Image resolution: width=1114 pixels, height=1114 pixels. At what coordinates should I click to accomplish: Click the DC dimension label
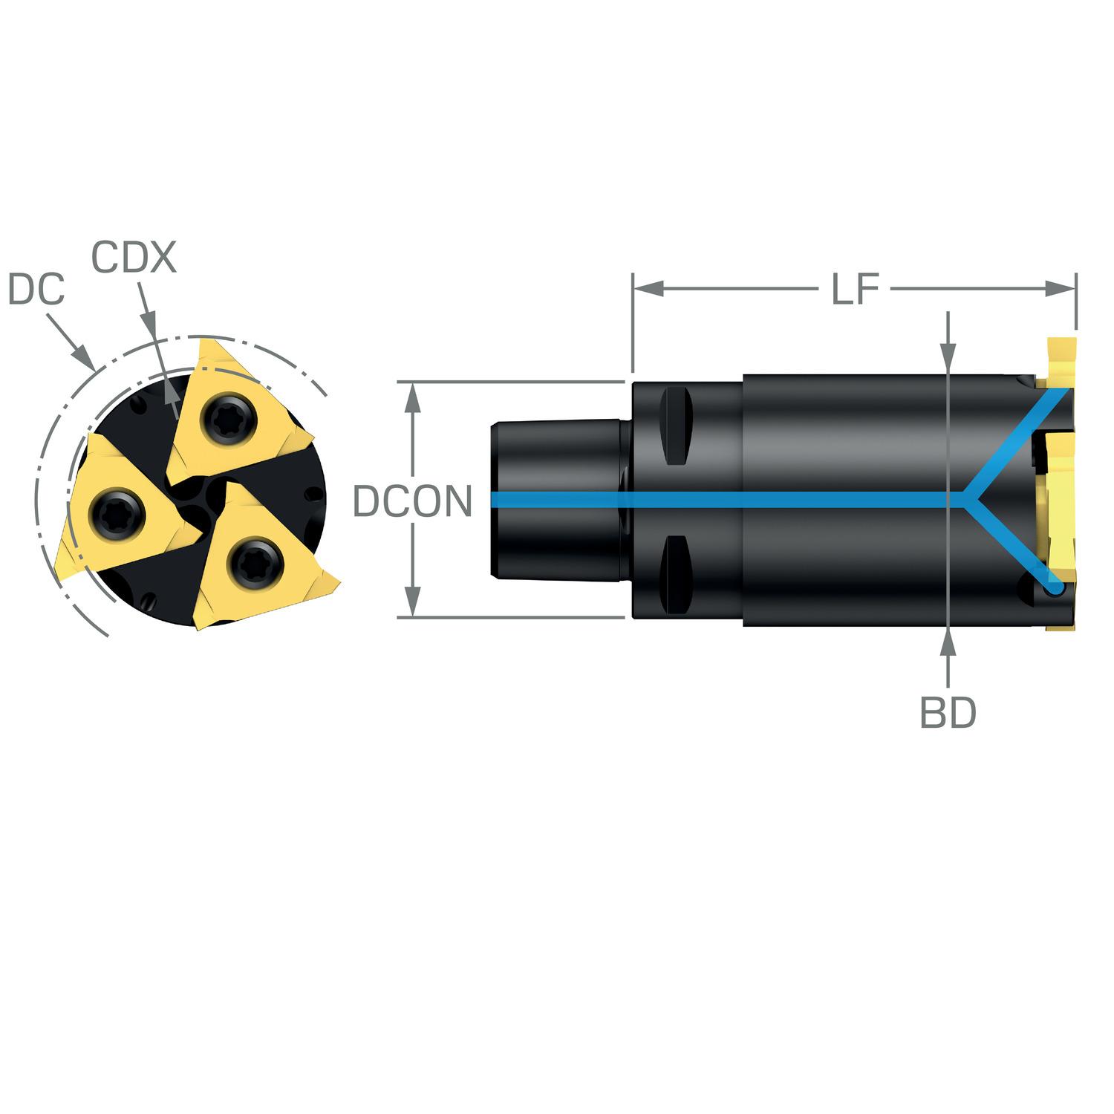click(x=36, y=290)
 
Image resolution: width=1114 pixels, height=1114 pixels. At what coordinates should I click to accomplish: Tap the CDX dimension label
click(x=134, y=258)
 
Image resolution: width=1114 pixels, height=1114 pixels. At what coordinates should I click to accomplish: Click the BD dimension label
click(x=948, y=713)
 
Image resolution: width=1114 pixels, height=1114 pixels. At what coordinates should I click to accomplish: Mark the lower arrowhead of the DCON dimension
click(x=414, y=602)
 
